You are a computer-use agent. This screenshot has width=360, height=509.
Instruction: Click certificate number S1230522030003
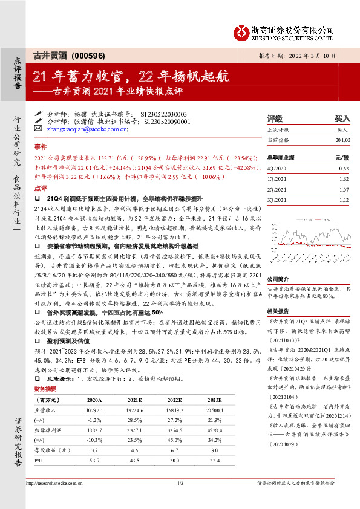(x=163, y=114)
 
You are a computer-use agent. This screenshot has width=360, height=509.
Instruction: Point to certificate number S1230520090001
(x=167, y=121)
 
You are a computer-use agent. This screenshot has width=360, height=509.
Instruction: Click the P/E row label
(x=39, y=460)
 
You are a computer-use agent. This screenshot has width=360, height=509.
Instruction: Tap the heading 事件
(x=40, y=147)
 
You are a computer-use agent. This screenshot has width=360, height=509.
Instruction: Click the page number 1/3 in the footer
(x=180, y=482)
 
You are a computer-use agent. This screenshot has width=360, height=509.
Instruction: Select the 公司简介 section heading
(x=277, y=262)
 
